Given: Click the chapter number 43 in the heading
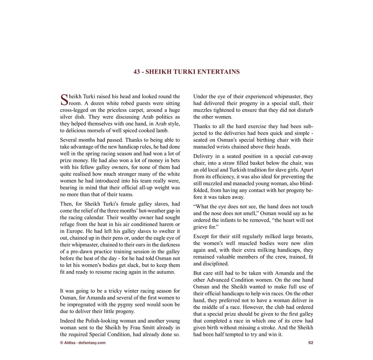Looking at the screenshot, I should coord(136,72).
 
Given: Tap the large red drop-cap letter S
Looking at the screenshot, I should coord(64,100).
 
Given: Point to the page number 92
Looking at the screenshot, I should coord(311,343).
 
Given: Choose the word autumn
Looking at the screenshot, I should coord(166,272).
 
